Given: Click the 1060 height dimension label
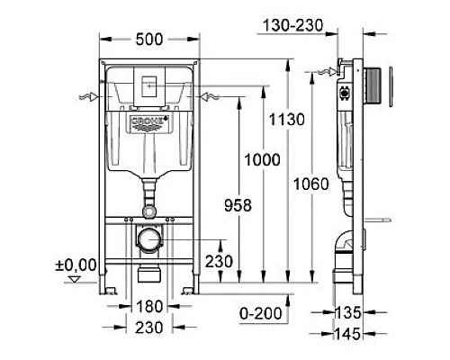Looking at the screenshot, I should tap(311, 184).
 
